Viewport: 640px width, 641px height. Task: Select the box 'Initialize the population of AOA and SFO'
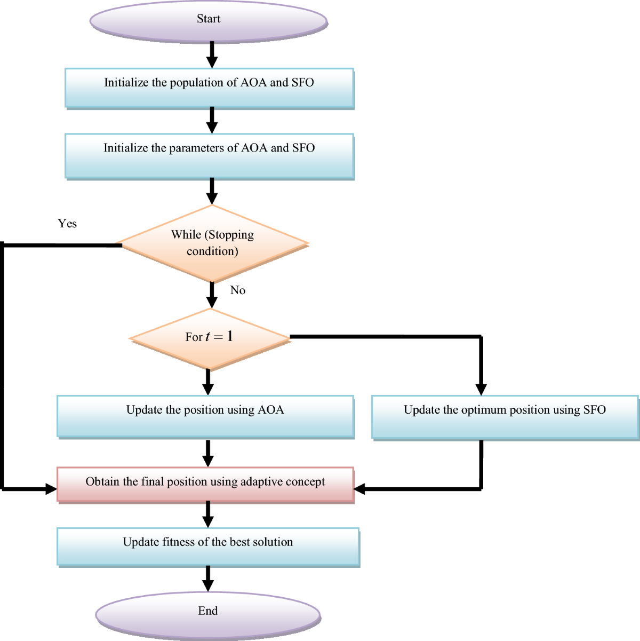[x=209, y=88]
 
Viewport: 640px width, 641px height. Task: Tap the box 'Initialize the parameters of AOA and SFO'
[x=209, y=155]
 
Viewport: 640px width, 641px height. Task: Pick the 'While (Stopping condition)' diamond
[x=212, y=243]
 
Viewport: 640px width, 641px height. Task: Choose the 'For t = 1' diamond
[x=209, y=338]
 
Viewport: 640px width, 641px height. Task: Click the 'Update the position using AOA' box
[x=205, y=416]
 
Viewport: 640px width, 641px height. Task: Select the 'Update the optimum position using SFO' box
[x=505, y=416]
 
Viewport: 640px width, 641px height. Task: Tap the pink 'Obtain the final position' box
[x=205, y=484]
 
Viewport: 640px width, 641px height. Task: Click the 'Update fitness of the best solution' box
[x=208, y=546]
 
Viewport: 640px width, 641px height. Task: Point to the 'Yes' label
[x=67, y=224]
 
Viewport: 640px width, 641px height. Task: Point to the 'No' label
[x=238, y=290]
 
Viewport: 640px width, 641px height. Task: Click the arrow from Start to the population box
[x=212, y=54]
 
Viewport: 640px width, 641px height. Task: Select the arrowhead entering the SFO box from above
[x=481, y=389]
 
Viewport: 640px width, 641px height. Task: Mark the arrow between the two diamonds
[x=212, y=295]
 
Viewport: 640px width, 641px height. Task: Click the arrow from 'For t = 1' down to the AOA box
[x=208, y=383]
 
